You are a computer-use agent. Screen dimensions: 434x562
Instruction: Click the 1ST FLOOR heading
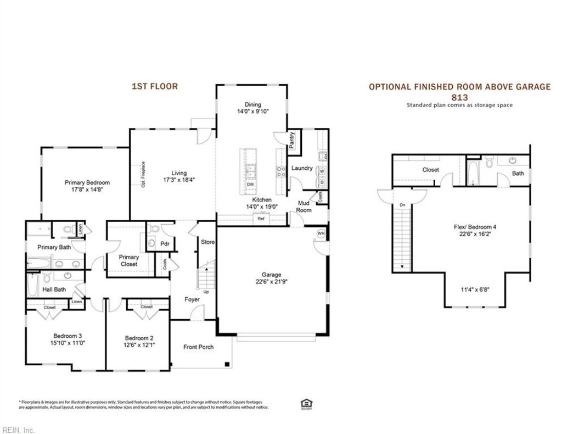click(155, 86)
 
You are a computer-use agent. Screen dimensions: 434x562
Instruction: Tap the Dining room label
click(252, 104)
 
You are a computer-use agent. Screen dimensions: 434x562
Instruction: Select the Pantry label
click(292, 140)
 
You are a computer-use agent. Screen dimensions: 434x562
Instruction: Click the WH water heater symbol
click(321, 233)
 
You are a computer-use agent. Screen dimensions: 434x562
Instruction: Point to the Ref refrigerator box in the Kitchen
click(261, 219)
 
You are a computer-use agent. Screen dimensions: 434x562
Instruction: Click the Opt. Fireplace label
click(143, 175)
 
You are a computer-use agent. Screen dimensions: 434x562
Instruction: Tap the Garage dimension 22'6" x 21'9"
click(271, 282)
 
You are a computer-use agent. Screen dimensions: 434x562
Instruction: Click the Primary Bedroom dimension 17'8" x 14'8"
click(87, 190)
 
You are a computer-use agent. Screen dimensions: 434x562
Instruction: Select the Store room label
click(207, 242)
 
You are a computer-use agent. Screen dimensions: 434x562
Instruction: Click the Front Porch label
click(199, 347)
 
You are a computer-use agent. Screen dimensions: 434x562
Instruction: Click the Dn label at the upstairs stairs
click(402, 205)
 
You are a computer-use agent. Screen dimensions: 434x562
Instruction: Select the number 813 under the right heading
click(459, 97)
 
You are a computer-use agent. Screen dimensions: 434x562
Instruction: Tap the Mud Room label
click(304, 207)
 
